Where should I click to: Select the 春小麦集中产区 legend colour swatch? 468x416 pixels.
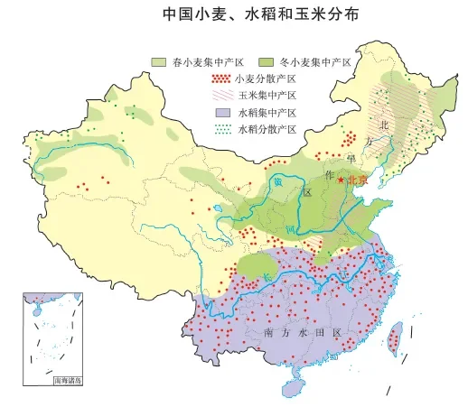160,60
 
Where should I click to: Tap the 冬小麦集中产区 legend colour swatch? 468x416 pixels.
267,60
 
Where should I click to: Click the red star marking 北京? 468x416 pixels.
341,180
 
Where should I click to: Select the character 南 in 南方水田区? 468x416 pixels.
269,333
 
